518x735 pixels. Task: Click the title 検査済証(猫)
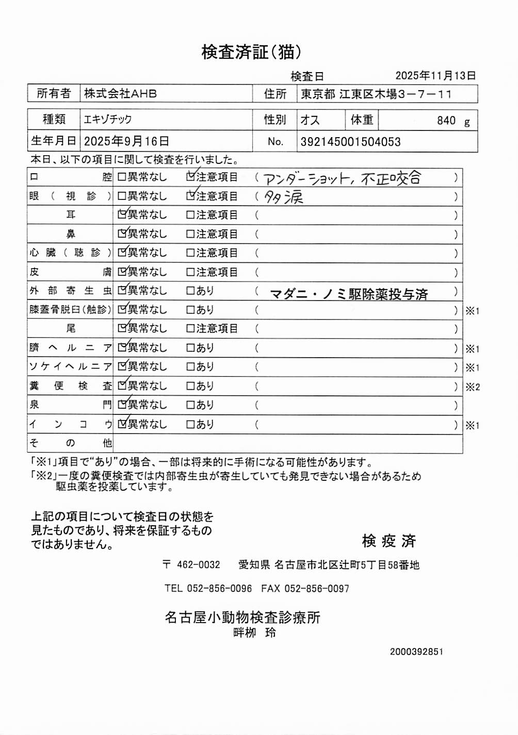[251, 52]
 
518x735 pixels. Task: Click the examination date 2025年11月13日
[435, 76]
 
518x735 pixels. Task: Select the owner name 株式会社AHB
[120, 94]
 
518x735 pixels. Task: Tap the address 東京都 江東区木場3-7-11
[376, 94]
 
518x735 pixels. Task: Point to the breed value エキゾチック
[108, 120]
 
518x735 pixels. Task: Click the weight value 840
[446, 121]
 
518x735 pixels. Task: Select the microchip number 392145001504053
[350, 142]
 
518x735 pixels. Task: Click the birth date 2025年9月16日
[126, 141]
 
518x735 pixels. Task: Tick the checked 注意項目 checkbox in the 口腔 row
[190, 177]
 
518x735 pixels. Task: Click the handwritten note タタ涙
[284, 197]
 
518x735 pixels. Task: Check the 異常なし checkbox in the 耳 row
[122, 215]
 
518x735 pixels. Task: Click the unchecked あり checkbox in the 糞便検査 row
[190, 386]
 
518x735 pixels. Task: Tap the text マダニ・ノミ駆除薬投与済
[349, 294]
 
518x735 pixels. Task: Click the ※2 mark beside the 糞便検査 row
[473, 387]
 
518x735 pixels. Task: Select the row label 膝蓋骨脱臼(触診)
[70, 310]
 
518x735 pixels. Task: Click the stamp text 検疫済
[388, 541]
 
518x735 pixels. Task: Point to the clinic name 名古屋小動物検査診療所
[242, 617]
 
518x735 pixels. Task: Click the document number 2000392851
[416, 652]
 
